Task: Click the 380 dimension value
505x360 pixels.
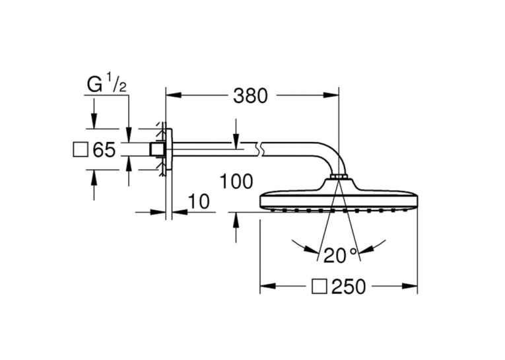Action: (x=250, y=96)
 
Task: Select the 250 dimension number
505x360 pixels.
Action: (x=349, y=287)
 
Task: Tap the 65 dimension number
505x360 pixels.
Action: (x=104, y=150)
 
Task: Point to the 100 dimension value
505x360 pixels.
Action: (x=236, y=182)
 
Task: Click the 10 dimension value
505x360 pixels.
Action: (x=199, y=201)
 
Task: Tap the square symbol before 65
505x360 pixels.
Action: (x=81, y=150)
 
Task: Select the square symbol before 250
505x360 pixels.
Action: (x=320, y=287)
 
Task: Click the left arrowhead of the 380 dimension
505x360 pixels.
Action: (x=172, y=95)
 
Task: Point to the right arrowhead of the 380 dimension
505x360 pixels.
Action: (x=332, y=95)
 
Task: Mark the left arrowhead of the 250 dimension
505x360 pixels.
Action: (x=267, y=286)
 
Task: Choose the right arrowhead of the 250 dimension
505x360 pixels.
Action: (x=411, y=286)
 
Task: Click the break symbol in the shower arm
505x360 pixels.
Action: (x=259, y=150)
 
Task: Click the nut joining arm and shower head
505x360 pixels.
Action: (x=339, y=176)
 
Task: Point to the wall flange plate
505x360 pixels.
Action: (x=169, y=150)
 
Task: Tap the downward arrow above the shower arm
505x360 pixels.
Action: (x=236, y=133)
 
